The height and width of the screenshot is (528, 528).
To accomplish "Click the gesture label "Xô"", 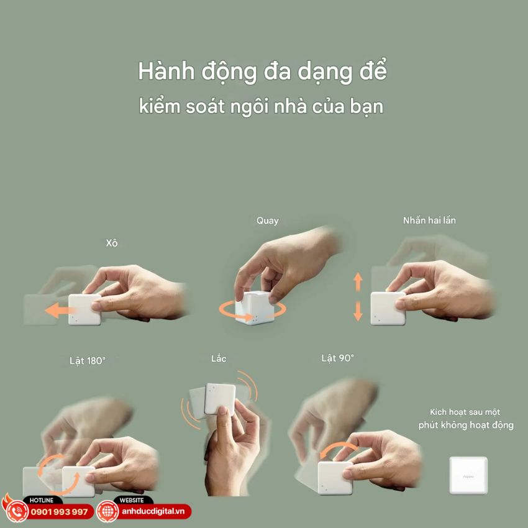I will (x=112, y=243).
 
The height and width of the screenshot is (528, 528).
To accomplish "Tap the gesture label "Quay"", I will (x=268, y=221).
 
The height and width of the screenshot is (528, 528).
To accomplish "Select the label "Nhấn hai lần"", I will (x=429, y=221).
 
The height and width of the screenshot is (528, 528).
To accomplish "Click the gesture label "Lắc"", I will (x=219, y=359).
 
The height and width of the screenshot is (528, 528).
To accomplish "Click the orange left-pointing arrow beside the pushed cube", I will (x=58, y=310).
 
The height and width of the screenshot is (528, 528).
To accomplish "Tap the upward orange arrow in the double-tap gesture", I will (x=358, y=282).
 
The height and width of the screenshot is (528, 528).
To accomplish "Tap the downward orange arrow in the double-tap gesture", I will (x=358, y=310).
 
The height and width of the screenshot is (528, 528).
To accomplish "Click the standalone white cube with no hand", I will (x=468, y=475).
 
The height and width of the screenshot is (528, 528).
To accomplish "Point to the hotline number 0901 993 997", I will (x=59, y=512).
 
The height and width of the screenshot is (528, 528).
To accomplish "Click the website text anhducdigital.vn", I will (x=153, y=512).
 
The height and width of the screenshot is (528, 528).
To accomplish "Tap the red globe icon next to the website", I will (x=107, y=512).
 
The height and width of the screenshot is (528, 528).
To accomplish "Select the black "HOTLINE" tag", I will (x=42, y=500).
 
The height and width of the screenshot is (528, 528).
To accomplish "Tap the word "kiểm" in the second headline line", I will (x=161, y=106).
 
